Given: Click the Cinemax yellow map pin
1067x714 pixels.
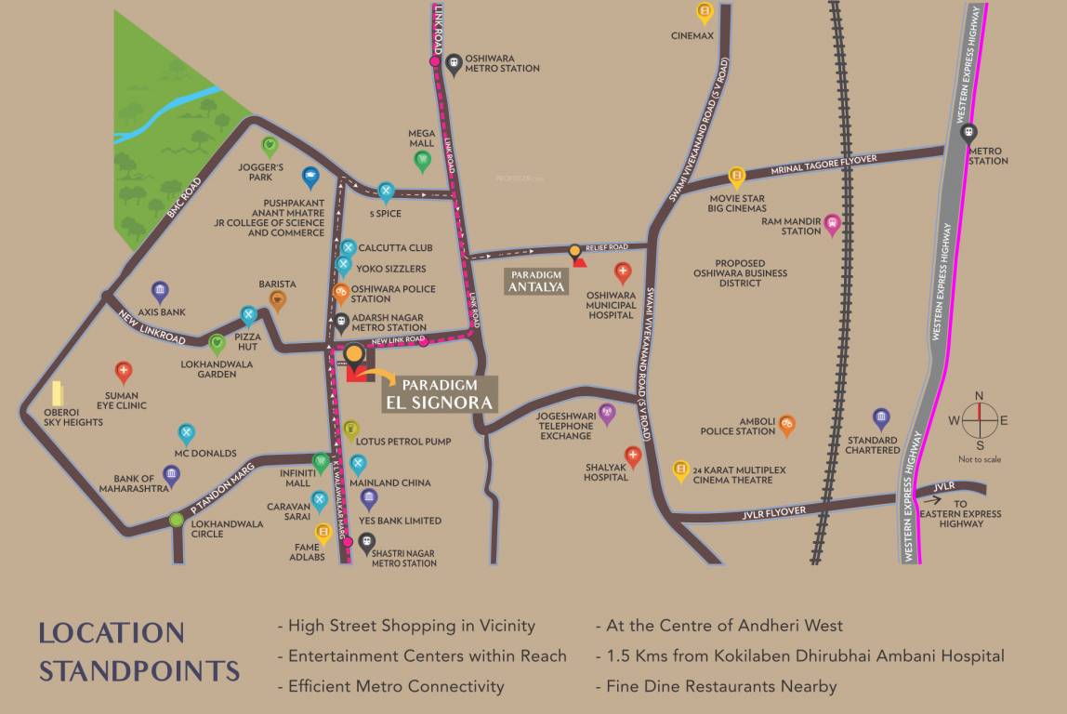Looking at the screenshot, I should (x=705, y=12).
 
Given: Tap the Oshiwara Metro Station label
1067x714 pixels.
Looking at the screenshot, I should (x=502, y=63).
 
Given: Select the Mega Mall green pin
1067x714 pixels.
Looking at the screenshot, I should (x=422, y=161).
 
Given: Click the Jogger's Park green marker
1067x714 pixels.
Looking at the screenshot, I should (x=270, y=146).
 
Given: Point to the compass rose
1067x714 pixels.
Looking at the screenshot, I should (x=979, y=420).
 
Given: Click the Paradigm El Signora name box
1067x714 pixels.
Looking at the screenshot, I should (x=441, y=394).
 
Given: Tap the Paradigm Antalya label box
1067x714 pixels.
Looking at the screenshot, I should (x=535, y=281).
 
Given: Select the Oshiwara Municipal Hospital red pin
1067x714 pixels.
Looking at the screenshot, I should (x=623, y=272).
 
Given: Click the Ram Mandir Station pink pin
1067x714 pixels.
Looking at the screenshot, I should (x=832, y=222).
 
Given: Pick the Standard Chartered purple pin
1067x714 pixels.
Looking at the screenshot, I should (x=881, y=418).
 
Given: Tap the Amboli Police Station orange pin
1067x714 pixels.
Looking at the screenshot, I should (x=787, y=424).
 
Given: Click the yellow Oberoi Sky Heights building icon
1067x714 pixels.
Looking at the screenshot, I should (x=58, y=394).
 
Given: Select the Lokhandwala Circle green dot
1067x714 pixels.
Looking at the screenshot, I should (x=177, y=520).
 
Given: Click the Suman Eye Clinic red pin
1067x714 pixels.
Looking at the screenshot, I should (x=123, y=372).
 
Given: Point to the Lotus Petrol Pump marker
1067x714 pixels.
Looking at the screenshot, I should (x=351, y=430).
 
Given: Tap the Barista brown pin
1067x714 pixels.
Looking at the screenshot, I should (x=277, y=298).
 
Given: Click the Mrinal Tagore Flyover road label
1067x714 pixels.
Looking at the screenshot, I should (x=823, y=166).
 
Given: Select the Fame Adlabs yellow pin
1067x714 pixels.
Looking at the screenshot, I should (x=323, y=533).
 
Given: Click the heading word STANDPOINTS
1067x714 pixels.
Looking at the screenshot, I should (x=139, y=670).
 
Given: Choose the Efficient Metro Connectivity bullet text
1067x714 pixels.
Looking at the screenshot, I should (x=396, y=687).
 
